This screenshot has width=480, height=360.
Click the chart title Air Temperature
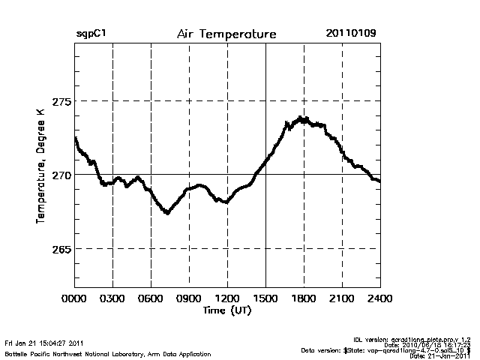(x=226, y=34)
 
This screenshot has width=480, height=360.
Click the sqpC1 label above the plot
(x=90, y=34)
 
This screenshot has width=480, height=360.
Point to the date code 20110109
(x=351, y=34)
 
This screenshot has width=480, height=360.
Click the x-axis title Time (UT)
(x=226, y=309)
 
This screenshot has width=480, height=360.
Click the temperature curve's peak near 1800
(x=301, y=118)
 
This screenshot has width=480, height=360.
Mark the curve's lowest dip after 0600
(x=167, y=213)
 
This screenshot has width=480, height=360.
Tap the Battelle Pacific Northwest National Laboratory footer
(x=107, y=353)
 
